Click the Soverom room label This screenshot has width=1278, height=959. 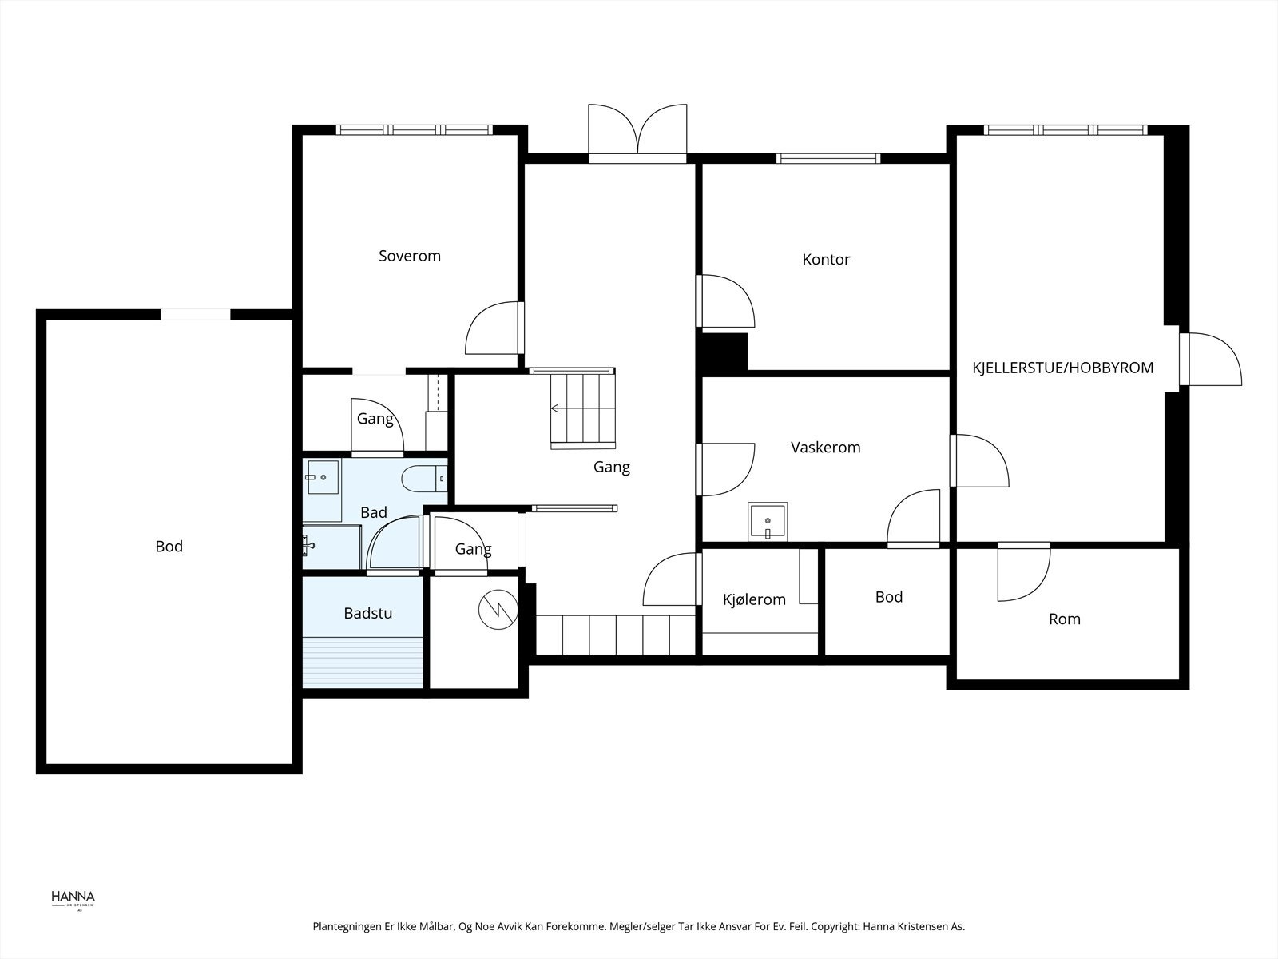[409, 257]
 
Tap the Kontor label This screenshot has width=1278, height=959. [826, 259]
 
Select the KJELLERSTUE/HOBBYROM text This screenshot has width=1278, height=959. [1062, 368]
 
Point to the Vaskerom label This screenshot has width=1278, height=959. [825, 448]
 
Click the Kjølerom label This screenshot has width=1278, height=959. [754, 599]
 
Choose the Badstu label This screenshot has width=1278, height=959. [368, 613]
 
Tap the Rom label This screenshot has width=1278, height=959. [1064, 619]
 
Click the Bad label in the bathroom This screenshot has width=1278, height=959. [373, 512]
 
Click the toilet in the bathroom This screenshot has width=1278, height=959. [424, 479]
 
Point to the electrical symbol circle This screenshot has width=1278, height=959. [498, 610]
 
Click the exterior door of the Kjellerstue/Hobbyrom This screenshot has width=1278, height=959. [1210, 359]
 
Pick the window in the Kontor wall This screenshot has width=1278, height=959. [828, 158]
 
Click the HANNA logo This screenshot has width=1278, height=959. [73, 900]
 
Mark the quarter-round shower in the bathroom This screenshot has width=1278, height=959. [394, 543]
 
